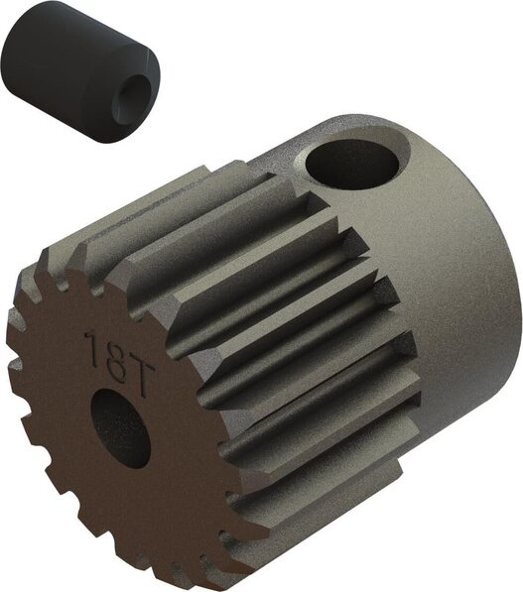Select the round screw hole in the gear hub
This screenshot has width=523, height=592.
(351, 166)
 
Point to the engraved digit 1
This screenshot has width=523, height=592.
(93, 347)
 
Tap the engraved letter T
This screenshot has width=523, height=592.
(138, 379)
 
